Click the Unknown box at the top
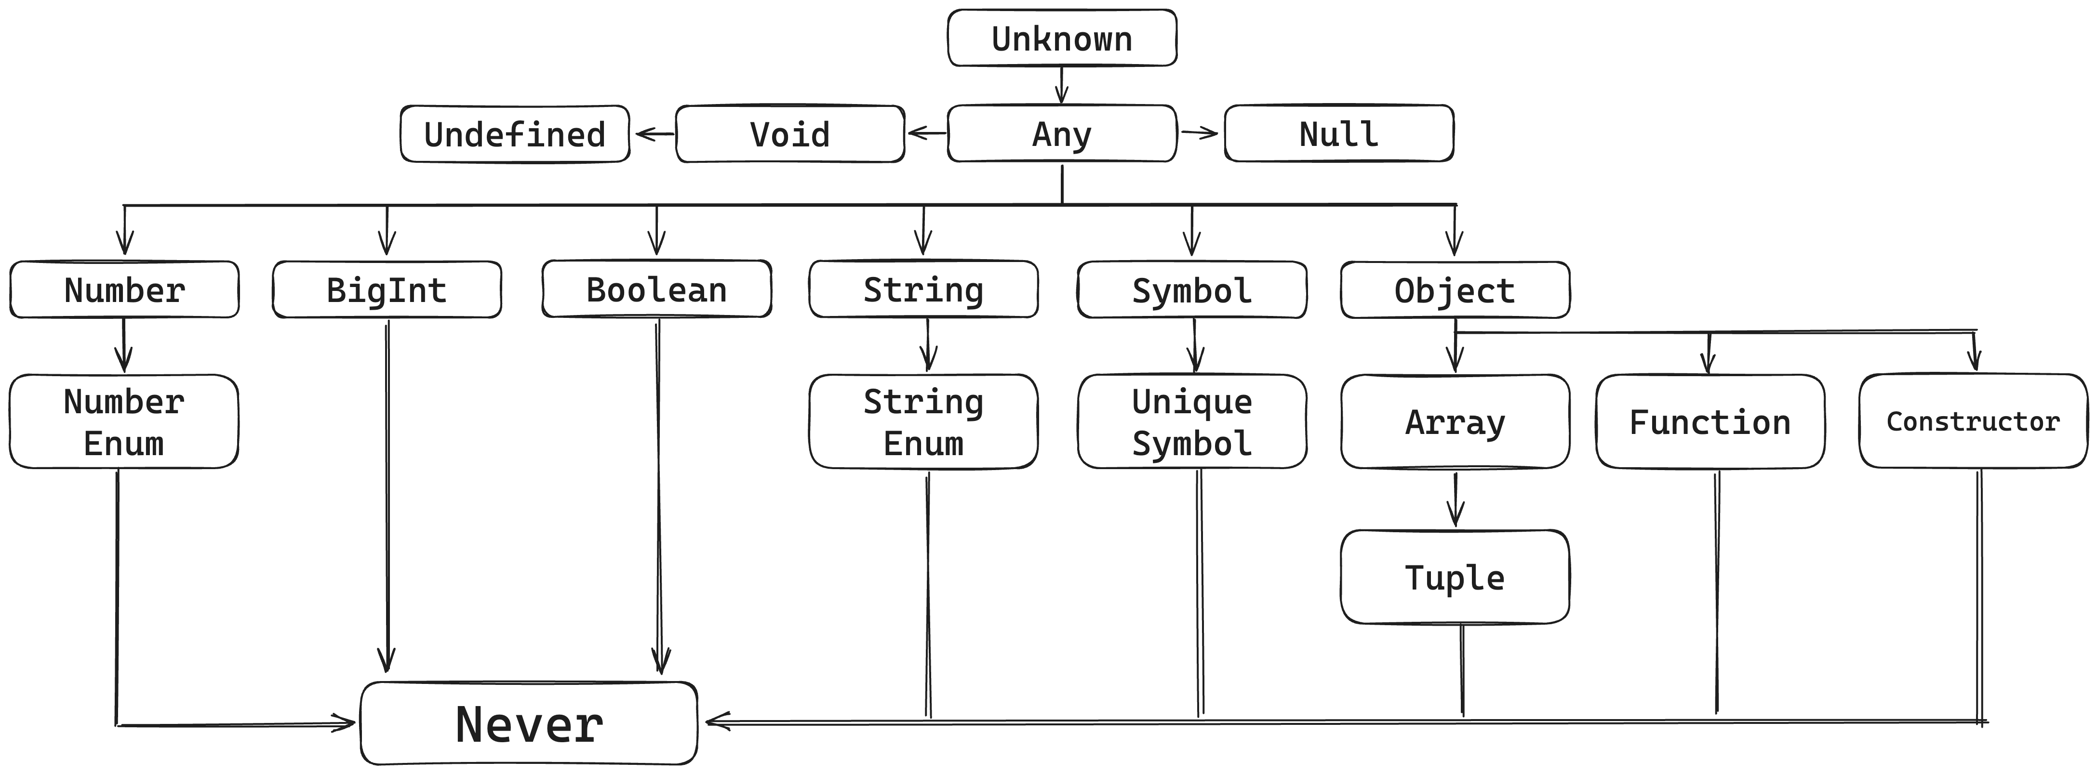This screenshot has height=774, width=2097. [x=1062, y=38]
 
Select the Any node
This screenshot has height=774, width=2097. [x=1062, y=133]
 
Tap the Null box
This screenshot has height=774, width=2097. [x=1338, y=133]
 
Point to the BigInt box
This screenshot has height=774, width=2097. [x=387, y=290]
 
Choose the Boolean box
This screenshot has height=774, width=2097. [x=656, y=290]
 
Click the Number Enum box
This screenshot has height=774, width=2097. [x=124, y=421]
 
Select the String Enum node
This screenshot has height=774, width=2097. [x=923, y=421]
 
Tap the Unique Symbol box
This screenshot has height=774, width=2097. [x=1192, y=421]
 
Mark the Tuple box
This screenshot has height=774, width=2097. [x=1455, y=577]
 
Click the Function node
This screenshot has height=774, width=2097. [x=1710, y=421]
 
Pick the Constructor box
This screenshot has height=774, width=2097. [x=1973, y=421]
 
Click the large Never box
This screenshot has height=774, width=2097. [x=529, y=723]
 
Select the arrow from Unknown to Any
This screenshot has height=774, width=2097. [x=1062, y=85]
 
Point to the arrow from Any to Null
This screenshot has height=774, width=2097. [x=1200, y=132]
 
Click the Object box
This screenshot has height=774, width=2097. [x=1455, y=290]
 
